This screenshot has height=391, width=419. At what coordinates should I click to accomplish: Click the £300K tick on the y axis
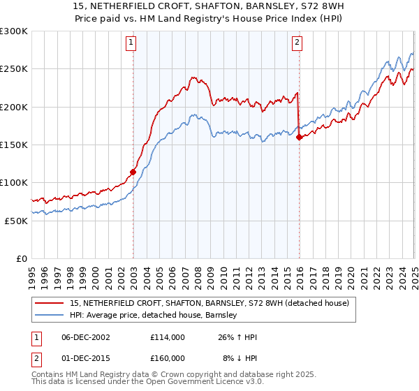coord(14,31)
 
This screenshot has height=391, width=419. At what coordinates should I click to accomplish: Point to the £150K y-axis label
coord(14,145)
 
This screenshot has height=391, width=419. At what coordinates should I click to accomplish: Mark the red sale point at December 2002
coord(133,172)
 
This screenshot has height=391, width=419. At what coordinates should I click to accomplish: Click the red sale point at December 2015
coord(299,137)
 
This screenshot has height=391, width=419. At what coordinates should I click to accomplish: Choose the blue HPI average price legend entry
coord(154,316)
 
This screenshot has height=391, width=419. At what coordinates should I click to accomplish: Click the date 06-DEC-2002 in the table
coord(91,337)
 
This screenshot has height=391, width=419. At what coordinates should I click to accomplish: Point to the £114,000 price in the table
coord(168,337)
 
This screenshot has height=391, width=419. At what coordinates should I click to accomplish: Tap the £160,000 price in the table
coord(168,358)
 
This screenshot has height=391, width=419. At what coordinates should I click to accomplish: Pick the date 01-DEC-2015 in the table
coord(91,358)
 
